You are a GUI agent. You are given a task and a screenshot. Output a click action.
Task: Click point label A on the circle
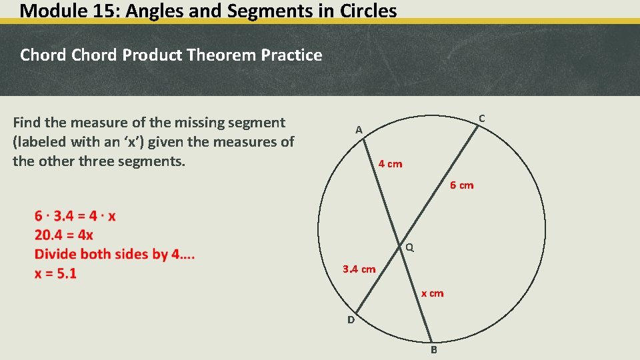[359, 130]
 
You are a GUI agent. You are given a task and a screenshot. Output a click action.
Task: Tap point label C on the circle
[481, 119]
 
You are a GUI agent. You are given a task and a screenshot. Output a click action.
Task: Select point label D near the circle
[351, 320]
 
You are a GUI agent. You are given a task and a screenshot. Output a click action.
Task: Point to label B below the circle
[433, 349]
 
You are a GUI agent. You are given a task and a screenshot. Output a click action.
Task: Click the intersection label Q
[410, 247]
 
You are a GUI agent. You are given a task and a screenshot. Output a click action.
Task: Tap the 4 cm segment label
[390, 164]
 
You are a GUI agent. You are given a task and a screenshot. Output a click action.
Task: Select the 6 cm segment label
[461, 185]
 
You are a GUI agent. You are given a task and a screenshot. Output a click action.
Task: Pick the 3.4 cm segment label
[359, 269]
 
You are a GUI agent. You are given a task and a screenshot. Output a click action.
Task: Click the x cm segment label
[432, 293]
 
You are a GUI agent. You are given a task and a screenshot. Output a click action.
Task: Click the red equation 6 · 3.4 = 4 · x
[75, 216]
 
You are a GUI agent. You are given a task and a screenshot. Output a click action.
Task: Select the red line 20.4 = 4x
[64, 235]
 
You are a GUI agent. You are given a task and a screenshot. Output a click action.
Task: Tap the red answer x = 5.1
[55, 273]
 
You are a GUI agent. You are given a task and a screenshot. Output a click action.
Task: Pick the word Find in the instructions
[27, 123]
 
